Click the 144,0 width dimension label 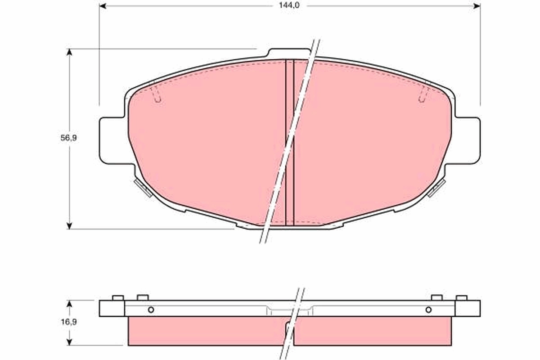290,5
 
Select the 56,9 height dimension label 69,139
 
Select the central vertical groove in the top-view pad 290,142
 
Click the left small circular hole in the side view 151,310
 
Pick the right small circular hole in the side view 428,310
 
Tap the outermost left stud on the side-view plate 118,297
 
